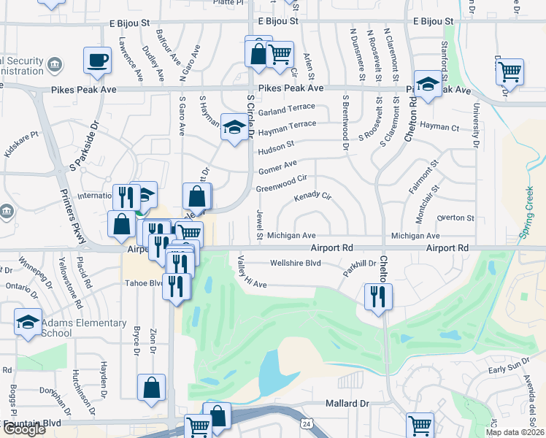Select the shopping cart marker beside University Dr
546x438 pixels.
click(510, 72)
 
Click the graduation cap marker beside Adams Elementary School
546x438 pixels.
click(28, 322)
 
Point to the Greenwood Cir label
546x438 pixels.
click(285, 183)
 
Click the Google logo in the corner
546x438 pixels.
click(24, 429)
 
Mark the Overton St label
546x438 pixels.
click(455, 218)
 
